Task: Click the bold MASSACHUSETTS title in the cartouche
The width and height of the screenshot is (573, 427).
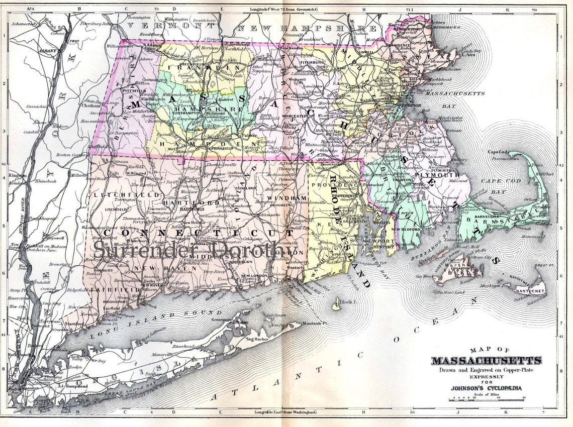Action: (487, 361)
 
